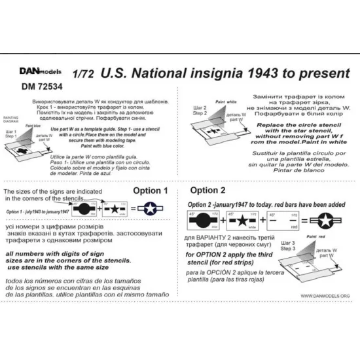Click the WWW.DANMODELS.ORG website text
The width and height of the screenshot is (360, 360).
pyautogui.click(x=319, y=296)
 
